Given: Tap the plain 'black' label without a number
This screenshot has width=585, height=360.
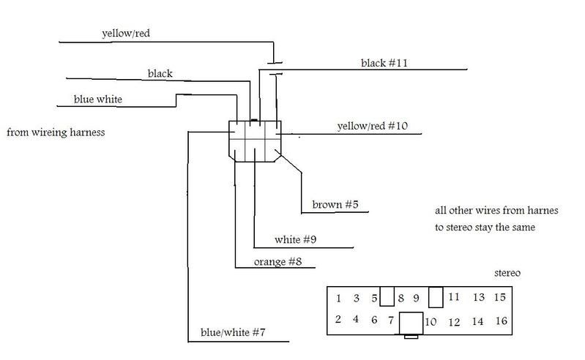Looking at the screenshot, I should (x=160, y=73).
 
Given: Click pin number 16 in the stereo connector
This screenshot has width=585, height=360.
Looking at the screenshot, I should (x=500, y=320).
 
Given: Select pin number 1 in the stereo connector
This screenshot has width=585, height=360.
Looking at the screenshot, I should (x=339, y=299).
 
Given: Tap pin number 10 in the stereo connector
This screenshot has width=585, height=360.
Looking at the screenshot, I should (x=431, y=320).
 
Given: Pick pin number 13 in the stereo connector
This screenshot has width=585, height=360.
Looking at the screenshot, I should (x=478, y=298).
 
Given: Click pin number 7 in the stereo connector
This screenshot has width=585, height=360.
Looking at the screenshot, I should (x=392, y=320).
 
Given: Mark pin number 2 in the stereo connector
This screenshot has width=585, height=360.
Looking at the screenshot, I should (x=339, y=319).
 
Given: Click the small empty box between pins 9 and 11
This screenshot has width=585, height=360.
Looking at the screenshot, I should (x=435, y=297).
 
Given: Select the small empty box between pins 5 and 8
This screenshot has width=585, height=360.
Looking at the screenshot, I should (x=387, y=296).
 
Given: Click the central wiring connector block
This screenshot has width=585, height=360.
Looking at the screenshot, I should (x=254, y=140).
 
